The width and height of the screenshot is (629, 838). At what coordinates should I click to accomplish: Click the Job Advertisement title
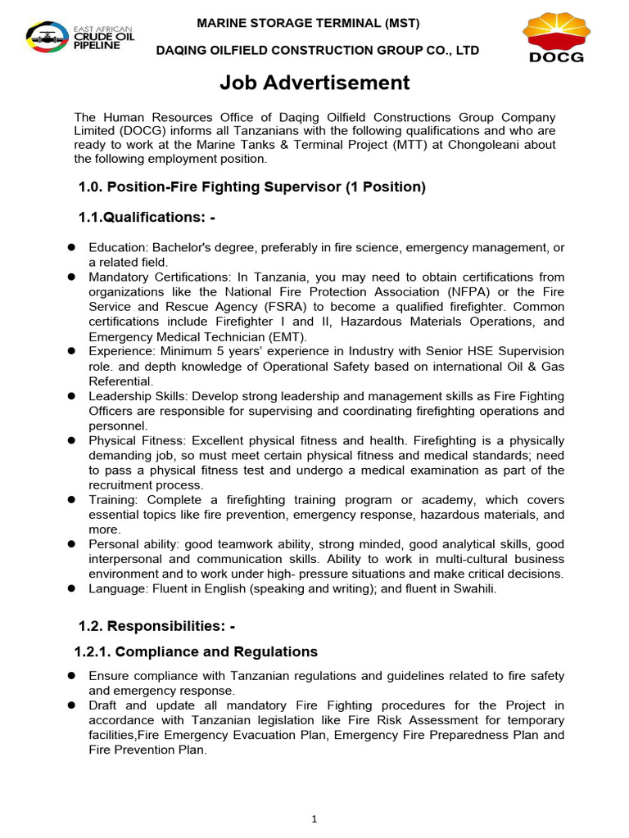click(314, 83)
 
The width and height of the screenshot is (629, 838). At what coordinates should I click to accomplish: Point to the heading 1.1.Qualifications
click(148, 216)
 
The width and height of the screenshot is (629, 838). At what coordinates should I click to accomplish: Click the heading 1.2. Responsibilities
click(156, 626)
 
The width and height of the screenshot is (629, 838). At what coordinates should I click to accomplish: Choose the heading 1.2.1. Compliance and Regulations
click(196, 652)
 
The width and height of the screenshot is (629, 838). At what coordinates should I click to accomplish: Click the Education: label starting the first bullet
click(119, 247)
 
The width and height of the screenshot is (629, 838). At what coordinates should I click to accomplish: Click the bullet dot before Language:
click(71, 588)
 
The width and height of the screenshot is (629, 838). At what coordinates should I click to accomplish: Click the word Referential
click(120, 381)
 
